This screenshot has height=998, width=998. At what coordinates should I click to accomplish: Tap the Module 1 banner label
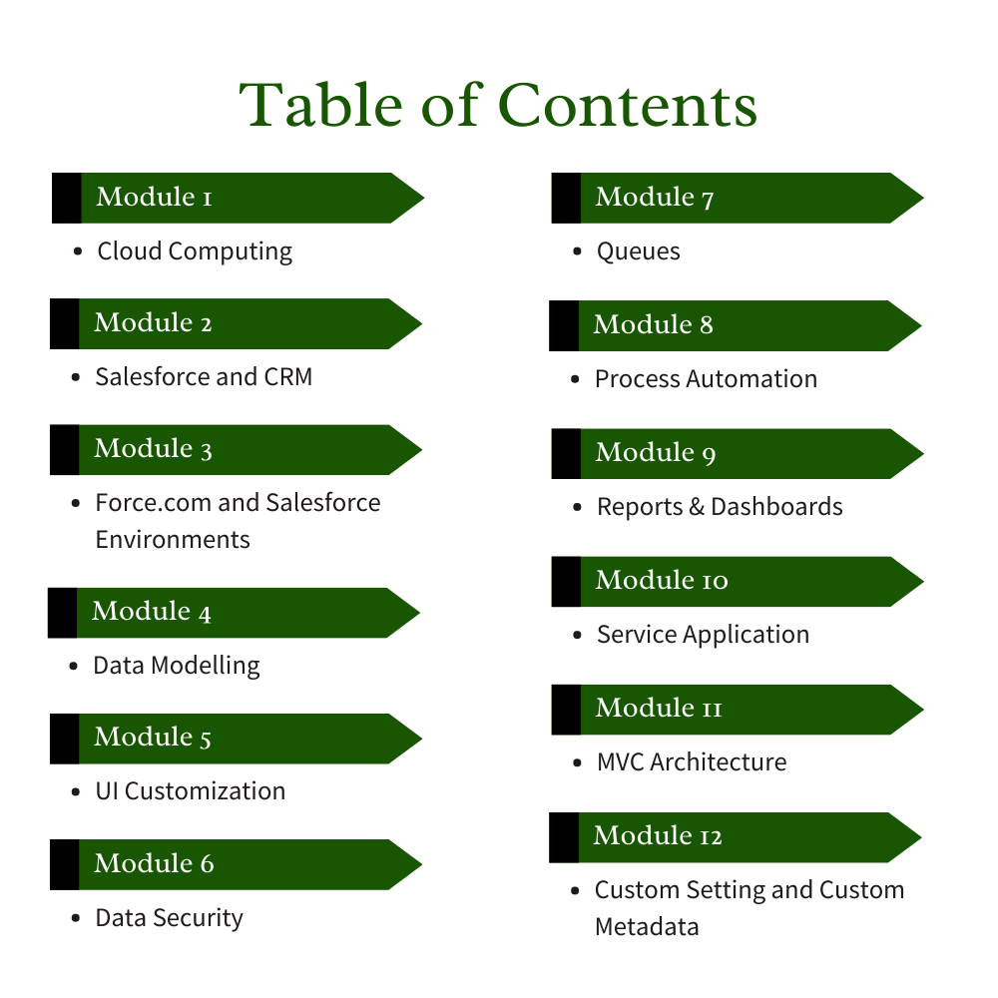154,198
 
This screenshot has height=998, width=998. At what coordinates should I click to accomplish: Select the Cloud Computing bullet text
195,251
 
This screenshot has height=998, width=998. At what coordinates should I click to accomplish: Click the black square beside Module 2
64,323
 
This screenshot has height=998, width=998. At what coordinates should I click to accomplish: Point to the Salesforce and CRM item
204,377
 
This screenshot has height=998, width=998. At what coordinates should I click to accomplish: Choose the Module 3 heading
153,449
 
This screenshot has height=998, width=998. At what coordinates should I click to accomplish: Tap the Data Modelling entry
177,666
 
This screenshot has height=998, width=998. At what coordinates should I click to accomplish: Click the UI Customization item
190,791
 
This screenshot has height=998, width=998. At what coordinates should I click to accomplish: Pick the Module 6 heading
154,863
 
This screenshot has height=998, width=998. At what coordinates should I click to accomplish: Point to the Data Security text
169,918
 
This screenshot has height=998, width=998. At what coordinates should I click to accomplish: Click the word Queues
638,251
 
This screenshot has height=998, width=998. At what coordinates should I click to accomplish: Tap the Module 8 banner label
653,325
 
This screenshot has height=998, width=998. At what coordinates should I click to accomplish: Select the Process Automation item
706,379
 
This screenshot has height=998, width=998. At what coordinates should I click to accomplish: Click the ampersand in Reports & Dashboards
697,507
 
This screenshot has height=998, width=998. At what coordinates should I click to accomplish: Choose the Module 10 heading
662,581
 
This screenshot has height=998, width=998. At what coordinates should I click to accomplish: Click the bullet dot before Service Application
578,635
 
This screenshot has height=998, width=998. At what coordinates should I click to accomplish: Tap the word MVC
620,762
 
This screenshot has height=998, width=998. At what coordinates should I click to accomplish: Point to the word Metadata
647,927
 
